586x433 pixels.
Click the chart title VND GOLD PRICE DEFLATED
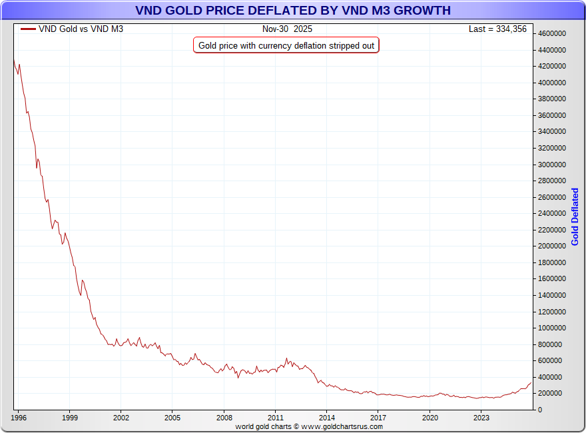[293, 11]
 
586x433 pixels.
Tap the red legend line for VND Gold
[28, 29]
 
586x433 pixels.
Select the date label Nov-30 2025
[287, 29]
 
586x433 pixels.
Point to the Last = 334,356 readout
[497, 29]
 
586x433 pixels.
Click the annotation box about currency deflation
[286, 45]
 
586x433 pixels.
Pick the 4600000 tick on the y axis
[552, 33]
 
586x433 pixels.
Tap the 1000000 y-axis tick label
[552, 328]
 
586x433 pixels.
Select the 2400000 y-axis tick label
[552, 213]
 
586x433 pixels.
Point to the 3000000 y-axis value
[552, 165]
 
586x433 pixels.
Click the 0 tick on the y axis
[540, 410]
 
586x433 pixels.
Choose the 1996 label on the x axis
[18, 418]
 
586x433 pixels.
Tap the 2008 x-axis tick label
[224, 418]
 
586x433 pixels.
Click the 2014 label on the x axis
[327, 418]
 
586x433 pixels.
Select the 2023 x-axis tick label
[481, 418]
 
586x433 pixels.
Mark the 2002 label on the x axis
[121, 418]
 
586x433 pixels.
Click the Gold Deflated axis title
[575, 217]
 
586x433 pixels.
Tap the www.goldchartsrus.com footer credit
[309, 426]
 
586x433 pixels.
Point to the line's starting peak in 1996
[14, 59]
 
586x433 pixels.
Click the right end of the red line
[531, 382]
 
